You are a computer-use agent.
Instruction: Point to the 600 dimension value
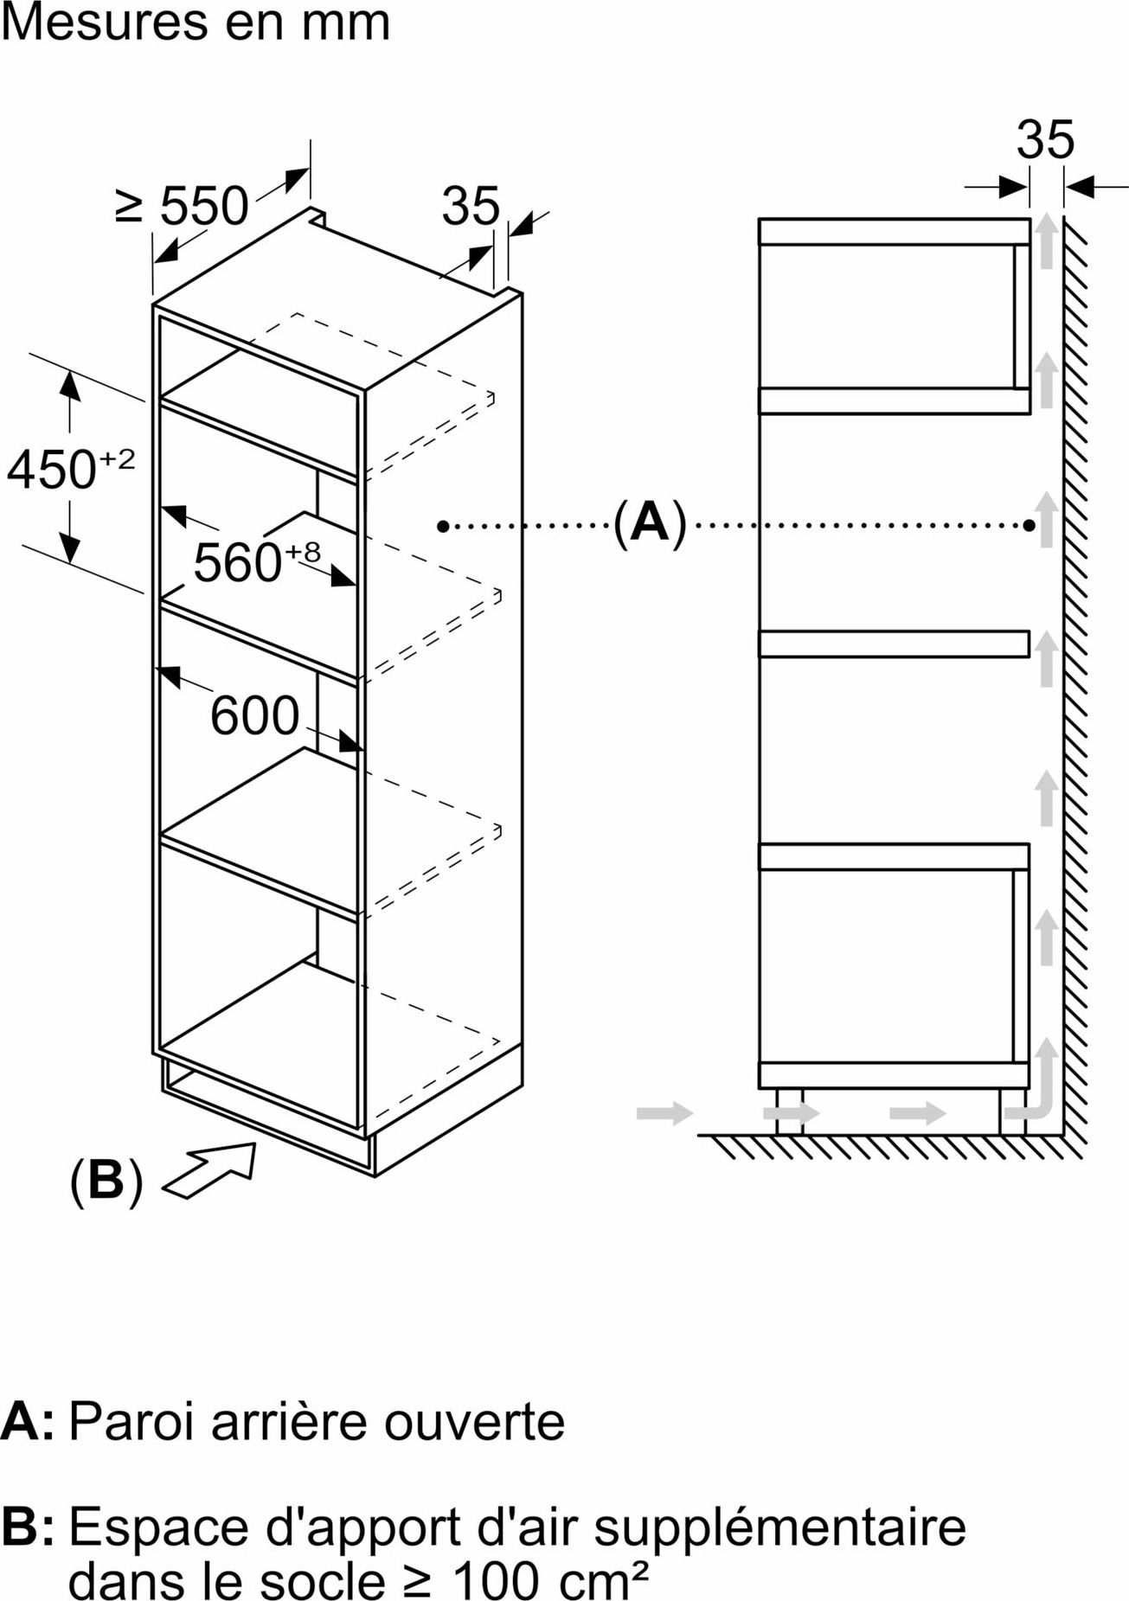pos(255,715)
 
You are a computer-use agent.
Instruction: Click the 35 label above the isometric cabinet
pos(471,206)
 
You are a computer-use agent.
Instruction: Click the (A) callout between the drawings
pos(650,522)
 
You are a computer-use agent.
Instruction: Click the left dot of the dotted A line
pos(443,525)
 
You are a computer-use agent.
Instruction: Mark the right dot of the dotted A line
pos(1029,525)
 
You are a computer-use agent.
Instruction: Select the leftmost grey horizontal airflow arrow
pos(664,1112)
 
